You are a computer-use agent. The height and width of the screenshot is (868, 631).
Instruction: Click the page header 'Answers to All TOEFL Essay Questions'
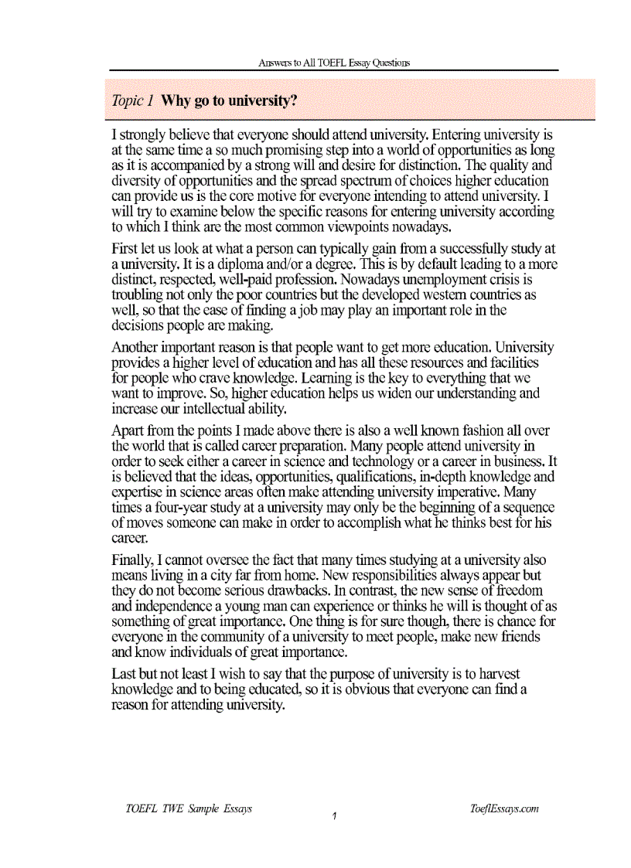(334, 63)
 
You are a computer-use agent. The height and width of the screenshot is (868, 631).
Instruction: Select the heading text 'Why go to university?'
(229, 100)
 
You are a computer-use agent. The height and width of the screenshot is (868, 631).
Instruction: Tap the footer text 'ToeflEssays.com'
(503, 808)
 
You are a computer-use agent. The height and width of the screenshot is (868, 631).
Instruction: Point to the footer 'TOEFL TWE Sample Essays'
(189, 808)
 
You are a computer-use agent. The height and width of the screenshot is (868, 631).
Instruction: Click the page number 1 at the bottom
(333, 816)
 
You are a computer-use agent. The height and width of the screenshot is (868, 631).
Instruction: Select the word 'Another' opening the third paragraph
(138, 347)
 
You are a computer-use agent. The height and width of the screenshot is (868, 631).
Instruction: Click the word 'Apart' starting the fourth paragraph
(128, 430)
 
